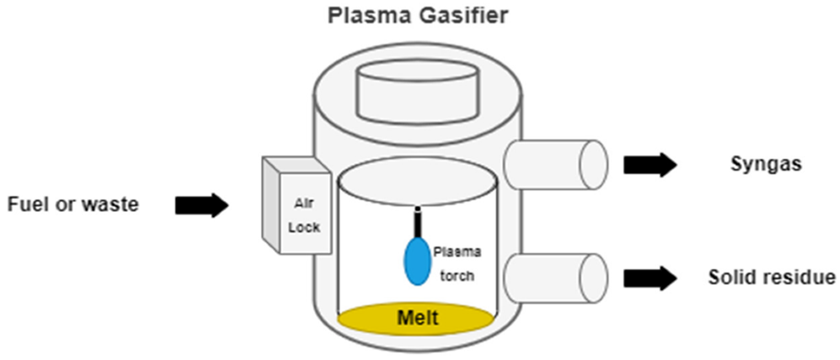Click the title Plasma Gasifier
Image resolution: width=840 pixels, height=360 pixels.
(419, 16)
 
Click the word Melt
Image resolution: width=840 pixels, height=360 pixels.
(416, 318)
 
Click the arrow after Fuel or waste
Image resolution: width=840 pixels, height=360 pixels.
(201, 205)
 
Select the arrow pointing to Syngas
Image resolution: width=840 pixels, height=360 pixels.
(650, 164)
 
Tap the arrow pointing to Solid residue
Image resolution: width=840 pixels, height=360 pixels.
(650, 278)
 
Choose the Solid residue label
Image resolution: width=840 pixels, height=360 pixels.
(770, 278)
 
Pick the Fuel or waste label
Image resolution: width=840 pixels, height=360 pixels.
(73, 205)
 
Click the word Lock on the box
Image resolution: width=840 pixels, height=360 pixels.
(305, 227)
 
